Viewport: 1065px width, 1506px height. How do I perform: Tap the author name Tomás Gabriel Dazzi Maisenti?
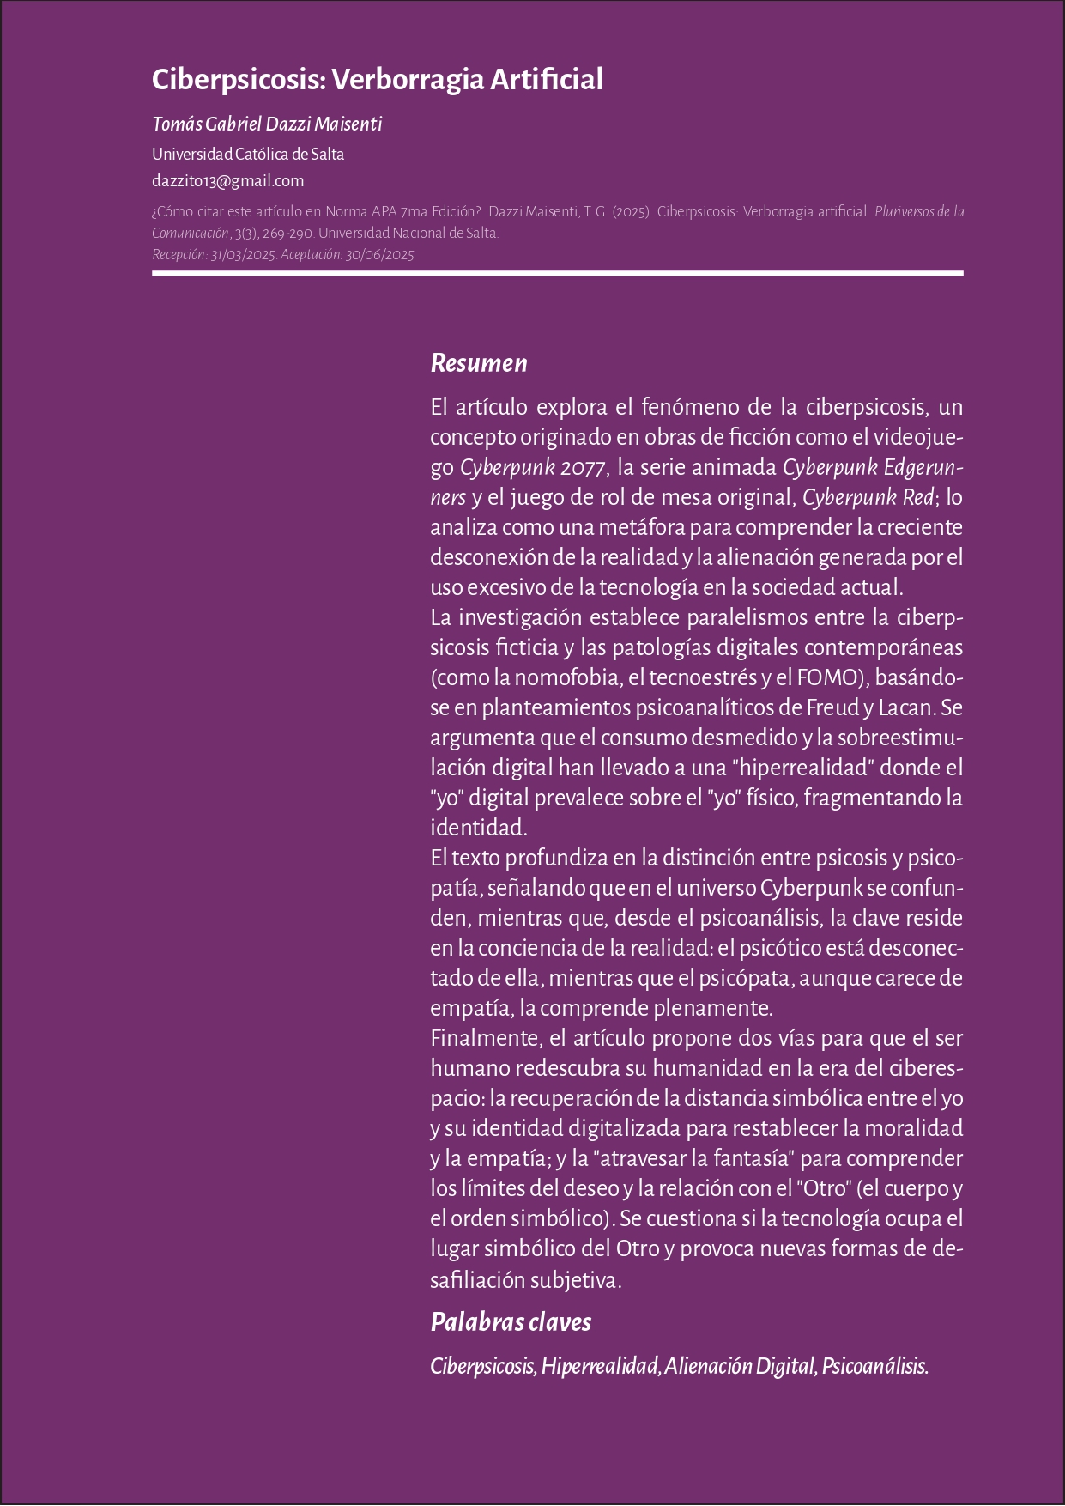[267, 124]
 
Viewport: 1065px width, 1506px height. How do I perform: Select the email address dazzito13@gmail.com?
[227, 180]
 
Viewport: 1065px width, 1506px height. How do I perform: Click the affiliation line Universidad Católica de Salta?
[248, 155]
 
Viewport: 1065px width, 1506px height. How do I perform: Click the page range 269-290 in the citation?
[287, 233]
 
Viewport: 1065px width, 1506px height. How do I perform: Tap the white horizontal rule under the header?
[558, 273]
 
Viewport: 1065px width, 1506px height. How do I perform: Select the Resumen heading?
[478, 363]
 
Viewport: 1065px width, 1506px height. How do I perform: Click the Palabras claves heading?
[511, 1321]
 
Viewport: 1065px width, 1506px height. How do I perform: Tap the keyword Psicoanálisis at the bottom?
[874, 1366]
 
